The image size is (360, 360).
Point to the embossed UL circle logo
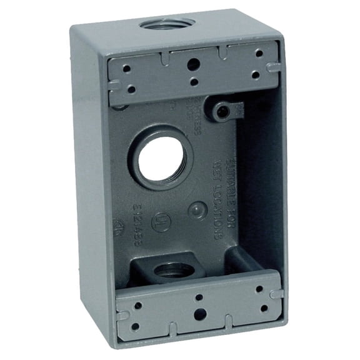pyautogui.click(x=161, y=222)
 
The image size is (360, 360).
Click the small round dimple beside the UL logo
pyautogui.click(x=197, y=211)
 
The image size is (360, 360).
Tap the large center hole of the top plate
pyautogui.click(x=194, y=63)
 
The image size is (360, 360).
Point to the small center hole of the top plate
pyautogui.click(x=194, y=81)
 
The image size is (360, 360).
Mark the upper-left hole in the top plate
pyautogui.click(x=127, y=69)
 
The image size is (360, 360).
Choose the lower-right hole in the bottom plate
pyautogui.click(x=264, y=307)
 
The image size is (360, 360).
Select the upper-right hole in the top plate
pyautogui.click(x=259, y=54)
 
